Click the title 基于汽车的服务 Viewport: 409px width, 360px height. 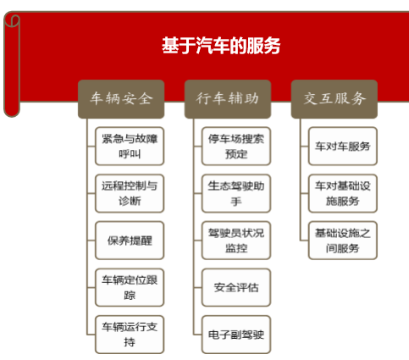(x=221, y=46)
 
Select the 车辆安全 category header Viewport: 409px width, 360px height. (x=121, y=99)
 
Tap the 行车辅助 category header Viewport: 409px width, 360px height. (x=228, y=99)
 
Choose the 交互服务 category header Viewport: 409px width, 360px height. (x=334, y=99)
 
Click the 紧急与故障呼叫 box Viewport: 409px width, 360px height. (x=130, y=146)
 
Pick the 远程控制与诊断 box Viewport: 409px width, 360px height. (x=130, y=193)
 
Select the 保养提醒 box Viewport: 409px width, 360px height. (x=130, y=241)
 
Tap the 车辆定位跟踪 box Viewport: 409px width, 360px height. (x=130, y=287)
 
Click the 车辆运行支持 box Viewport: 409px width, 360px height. (x=130, y=335)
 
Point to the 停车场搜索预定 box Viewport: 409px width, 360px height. (x=236, y=146)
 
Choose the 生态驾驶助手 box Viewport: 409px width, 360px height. (x=236, y=193)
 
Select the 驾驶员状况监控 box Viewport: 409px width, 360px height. (x=236, y=241)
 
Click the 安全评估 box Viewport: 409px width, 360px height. (x=236, y=287)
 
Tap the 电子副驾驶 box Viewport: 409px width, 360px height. (x=236, y=335)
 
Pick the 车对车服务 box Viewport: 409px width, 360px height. (x=343, y=146)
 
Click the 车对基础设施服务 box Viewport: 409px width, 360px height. (x=343, y=193)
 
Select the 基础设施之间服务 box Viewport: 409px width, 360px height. (x=343, y=241)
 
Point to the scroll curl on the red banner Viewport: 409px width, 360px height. (x=12, y=65)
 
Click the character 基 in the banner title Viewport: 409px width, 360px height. (x=170, y=46)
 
